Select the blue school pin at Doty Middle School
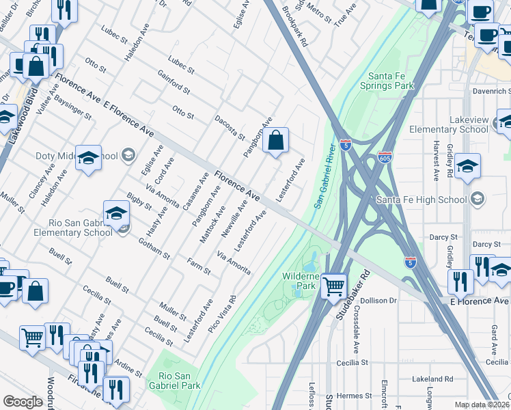pyautogui.click(x=88, y=158)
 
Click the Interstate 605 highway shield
pyautogui.click(x=386, y=157)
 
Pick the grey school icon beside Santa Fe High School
pyautogui.click(x=478, y=199)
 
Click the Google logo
pyautogui.click(x=23, y=402)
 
